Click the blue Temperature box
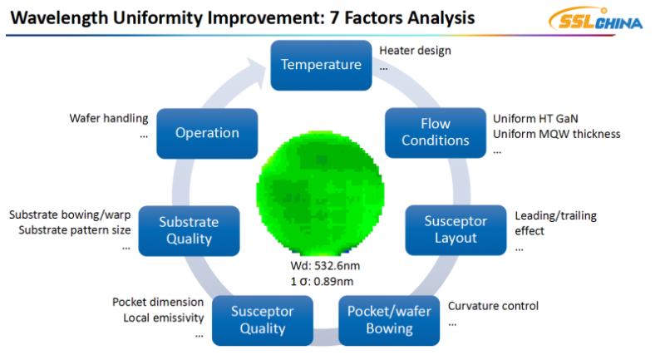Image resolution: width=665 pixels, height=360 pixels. pos(321,65)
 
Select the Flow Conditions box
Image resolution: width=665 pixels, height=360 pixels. pos(435,132)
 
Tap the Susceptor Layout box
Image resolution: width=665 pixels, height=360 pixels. pos(451,229)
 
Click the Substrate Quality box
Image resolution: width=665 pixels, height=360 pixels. pos(189,230)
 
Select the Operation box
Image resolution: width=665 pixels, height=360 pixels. pos(207,132)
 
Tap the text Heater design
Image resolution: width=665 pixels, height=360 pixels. pos(415,51)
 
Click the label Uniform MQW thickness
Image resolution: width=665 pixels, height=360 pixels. pos(556,134)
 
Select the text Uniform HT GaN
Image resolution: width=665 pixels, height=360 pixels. pos(531,118)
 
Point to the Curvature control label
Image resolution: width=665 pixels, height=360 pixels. pos(493,306)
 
